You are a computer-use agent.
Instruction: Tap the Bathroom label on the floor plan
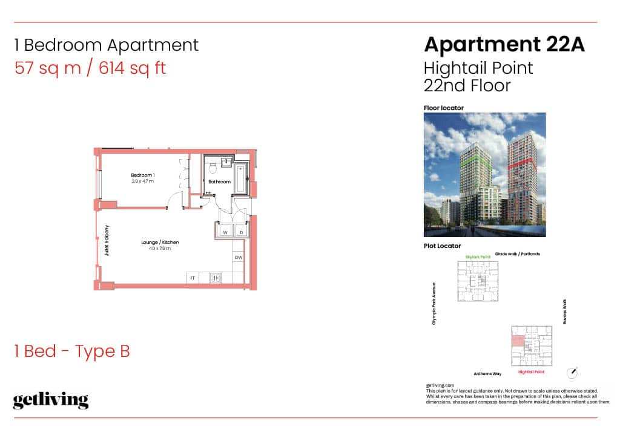[x=219, y=181]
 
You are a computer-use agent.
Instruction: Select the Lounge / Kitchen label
[x=160, y=242]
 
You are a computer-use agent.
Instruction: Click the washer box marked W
[x=225, y=232]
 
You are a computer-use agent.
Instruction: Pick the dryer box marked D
[x=240, y=232]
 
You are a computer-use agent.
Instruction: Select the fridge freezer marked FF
[x=193, y=278]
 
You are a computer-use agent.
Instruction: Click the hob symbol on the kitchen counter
[x=216, y=278]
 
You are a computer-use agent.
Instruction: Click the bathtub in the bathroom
[x=241, y=177]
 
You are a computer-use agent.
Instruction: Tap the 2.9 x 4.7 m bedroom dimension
[x=143, y=181]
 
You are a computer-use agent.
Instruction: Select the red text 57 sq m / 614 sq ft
[x=90, y=68]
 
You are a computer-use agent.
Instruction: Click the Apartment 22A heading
[x=504, y=44]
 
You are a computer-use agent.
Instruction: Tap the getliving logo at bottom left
[x=51, y=400]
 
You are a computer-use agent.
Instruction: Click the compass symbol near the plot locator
[x=572, y=371]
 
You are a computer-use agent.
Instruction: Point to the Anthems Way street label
[x=488, y=374]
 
